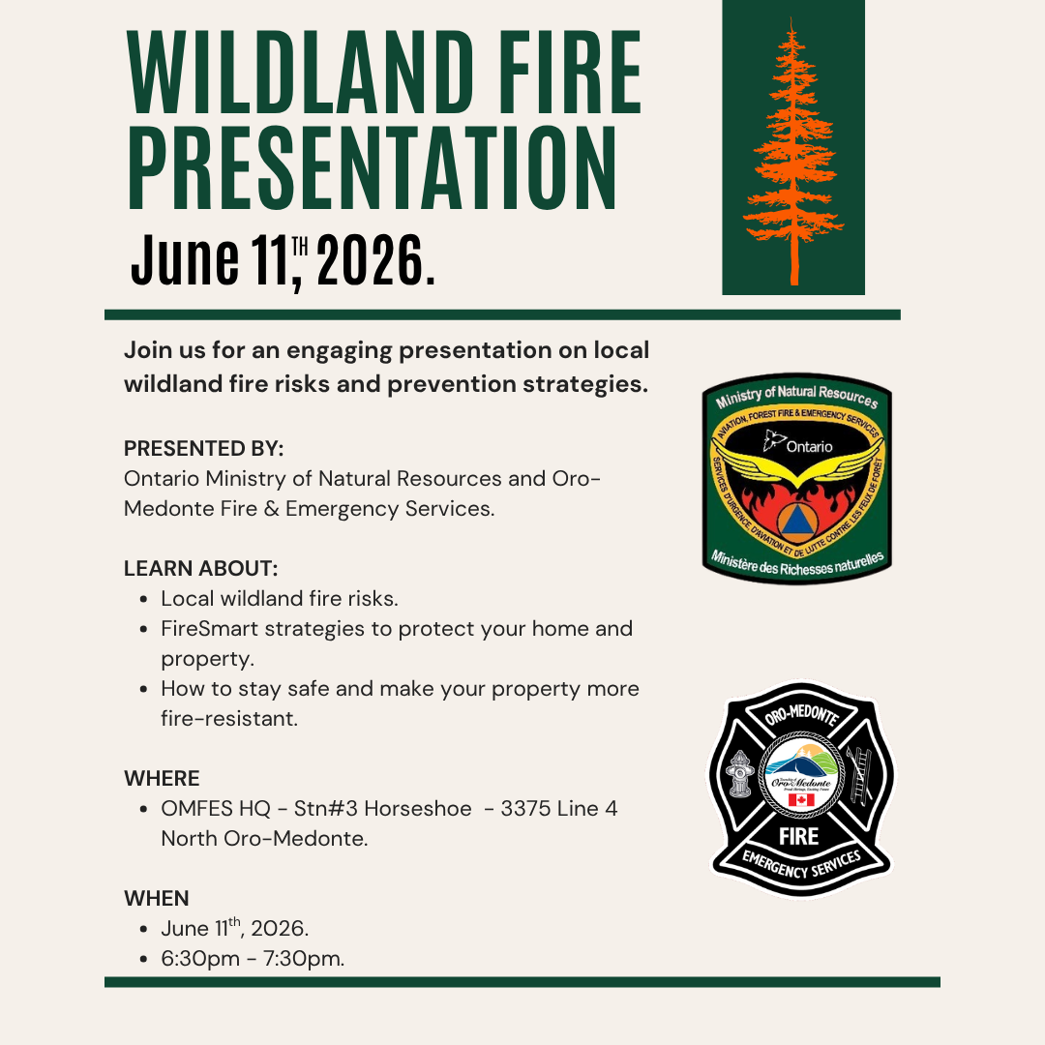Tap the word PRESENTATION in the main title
372,168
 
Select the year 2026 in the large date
371,260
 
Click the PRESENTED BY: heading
204,449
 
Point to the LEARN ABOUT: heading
200,569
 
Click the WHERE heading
162,778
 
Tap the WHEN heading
157,898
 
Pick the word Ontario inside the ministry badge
809,446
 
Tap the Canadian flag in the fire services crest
801,800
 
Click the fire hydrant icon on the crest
740,774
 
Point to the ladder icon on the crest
860,774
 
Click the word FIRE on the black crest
799,836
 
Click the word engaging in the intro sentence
340,351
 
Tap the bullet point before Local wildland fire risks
144,599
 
